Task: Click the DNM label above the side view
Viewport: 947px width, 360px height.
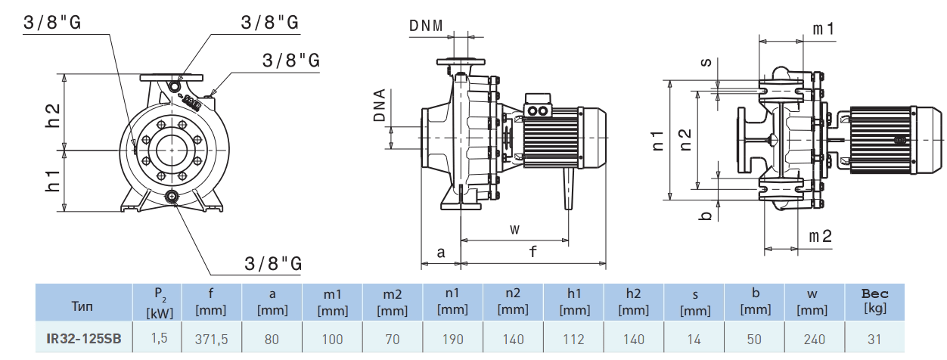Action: [x=426, y=26]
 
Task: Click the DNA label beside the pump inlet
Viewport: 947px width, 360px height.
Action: [x=380, y=107]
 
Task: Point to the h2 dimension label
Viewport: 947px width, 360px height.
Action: [x=53, y=113]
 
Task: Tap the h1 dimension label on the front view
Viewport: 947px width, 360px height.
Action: [x=53, y=180]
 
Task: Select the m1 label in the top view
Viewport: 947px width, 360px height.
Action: [x=823, y=29]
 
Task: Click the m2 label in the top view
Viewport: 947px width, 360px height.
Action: [x=820, y=237]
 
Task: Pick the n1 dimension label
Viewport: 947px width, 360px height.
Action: [x=659, y=140]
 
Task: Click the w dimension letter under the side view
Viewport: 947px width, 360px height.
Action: [x=514, y=228]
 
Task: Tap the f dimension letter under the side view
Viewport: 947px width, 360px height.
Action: [x=532, y=253]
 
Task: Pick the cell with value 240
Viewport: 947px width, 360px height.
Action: [x=815, y=340]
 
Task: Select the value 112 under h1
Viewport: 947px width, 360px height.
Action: [x=573, y=340]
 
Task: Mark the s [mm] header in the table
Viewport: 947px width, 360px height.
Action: [x=694, y=302]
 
